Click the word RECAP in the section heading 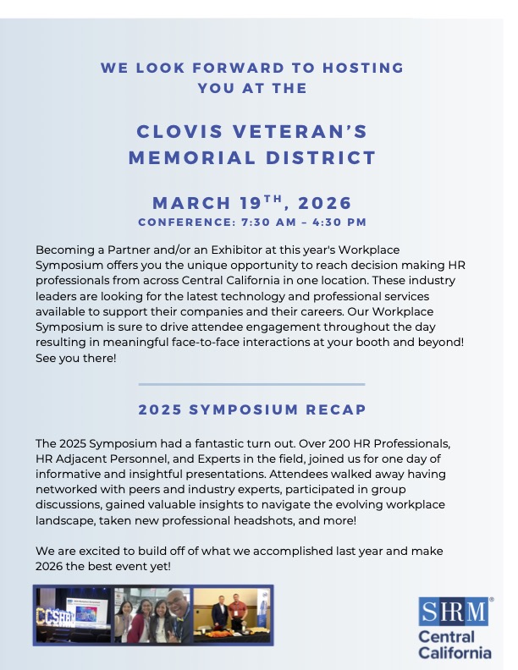tap(334, 409)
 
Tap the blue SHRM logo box tap(454, 612)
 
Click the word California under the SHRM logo tap(455, 652)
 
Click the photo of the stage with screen tap(72, 615)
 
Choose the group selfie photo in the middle tap(152, 615)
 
